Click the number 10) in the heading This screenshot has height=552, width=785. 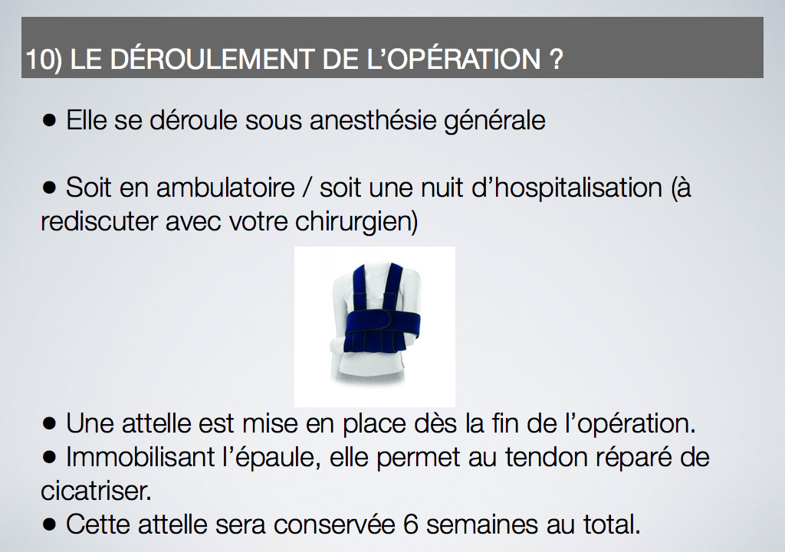coord(44,59)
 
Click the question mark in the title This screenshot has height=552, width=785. coord(556,59)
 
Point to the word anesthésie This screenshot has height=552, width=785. coord(373,120)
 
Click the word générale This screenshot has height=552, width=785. coord(494,122)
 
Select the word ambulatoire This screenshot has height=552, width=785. coord(226,188)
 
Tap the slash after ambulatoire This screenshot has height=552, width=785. coord(307,188)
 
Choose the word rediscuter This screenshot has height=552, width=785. coord(99,221)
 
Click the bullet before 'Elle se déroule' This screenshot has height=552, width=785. coord(49,120)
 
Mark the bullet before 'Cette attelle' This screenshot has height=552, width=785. coord(49,524)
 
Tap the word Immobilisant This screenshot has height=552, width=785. coord(141,456)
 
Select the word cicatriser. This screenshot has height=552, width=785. coord(96,491)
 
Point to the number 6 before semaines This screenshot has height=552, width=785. coord(411,524)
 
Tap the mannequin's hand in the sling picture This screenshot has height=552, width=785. coord(336,345)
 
